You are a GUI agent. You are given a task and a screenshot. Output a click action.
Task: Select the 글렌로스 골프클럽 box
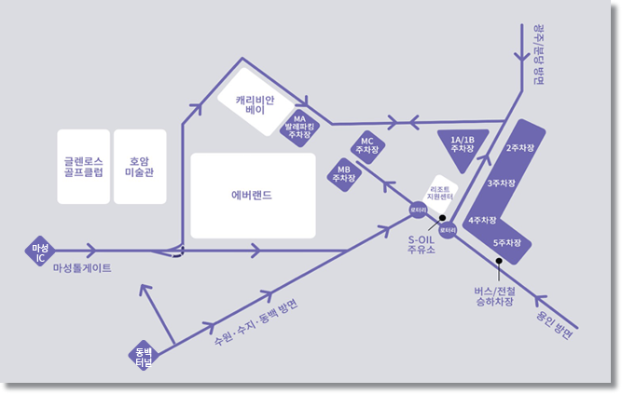(x=82, y=166)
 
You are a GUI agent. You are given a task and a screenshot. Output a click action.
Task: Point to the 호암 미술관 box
(x=138, y=166)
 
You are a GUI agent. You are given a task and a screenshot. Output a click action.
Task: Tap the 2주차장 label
(x=518, y=148)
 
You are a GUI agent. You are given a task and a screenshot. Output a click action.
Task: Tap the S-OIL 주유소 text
(x=422, y=244)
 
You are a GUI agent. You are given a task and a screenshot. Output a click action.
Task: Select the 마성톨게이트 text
(x=82, y=268)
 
